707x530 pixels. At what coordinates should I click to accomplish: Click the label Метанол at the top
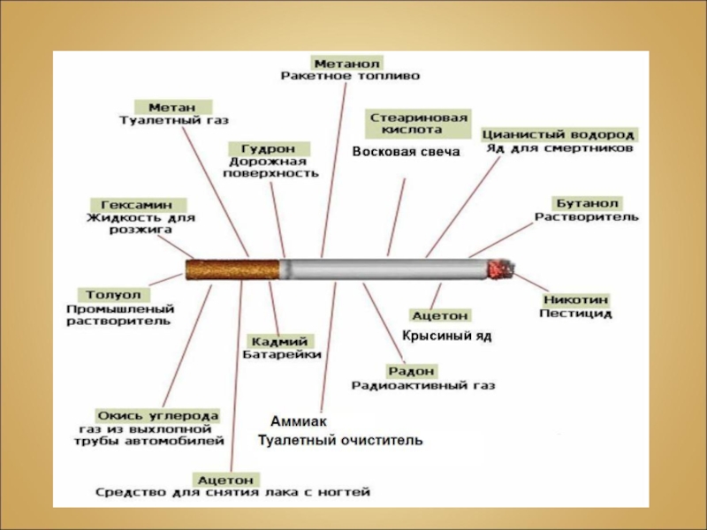(346, 64)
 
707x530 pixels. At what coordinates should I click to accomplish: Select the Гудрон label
(268, 148)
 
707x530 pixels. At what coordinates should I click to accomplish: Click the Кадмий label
(278, 341)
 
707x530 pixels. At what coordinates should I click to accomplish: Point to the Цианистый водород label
(559, 134)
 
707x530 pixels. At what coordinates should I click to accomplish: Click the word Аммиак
(299, 422)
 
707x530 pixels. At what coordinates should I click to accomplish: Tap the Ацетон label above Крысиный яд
(440, 314)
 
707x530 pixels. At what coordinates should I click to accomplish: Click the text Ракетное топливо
(351, 79)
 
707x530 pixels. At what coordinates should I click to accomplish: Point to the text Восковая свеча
(406, 152)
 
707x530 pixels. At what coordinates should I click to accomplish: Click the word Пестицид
(575, 314)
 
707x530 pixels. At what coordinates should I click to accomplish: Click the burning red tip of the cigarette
(501, 269)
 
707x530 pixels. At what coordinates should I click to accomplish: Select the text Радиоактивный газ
(423, 386)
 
